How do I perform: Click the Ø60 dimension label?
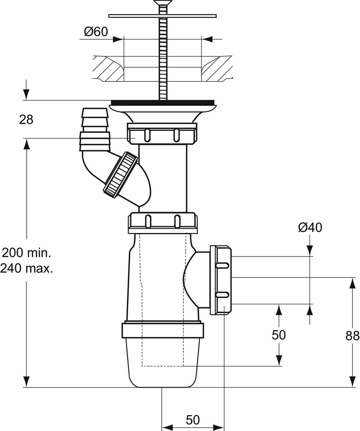(x=96, y=32)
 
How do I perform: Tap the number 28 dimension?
(x=26, y=119)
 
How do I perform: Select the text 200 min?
(x=27, y=253)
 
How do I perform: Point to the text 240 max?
(x=27, y=268)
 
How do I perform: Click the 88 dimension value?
(x=352, y=336)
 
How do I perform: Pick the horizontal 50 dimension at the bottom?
(x=193, y=420)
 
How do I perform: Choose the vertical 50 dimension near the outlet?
(x=279, y=335)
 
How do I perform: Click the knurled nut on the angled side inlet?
(x=120, y=174)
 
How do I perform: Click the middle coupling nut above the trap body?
(x=162, y=223)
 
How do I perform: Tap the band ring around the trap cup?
(x=162, y=331)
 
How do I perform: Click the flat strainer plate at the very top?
(x=163, y=16)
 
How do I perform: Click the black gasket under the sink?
(x=163, y=103)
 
